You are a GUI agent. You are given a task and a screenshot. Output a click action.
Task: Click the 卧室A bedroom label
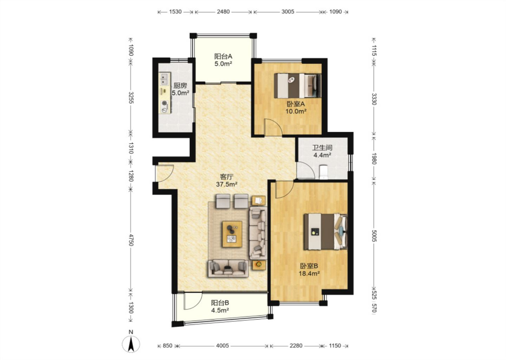(x=296, y=104)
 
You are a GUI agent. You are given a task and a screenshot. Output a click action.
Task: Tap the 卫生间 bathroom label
(x=322, y=148)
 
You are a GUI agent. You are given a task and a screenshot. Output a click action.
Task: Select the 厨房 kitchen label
(x=180, y=86)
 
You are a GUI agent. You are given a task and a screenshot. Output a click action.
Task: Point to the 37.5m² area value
(x=227, y=185)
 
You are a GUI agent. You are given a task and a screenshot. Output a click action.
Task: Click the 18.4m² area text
(x=309, y=274)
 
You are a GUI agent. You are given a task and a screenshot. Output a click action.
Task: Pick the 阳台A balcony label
(x=223, y=56)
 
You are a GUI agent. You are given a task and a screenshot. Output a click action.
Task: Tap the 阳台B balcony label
(x=220, y=303)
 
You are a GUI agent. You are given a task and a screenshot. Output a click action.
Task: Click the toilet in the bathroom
(x=323, y=172)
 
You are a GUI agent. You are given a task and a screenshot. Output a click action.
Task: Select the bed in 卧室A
(x=298, y=86)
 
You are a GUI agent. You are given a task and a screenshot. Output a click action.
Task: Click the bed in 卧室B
(x=325, y=232)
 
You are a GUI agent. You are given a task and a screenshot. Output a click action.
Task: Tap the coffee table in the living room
(x=232, y=234)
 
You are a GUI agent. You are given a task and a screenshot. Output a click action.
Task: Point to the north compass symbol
(x=131, y=344)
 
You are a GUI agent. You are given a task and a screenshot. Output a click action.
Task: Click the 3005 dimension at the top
(x=288, y=12)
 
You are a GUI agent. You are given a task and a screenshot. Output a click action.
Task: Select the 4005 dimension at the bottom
(x=222, y=346)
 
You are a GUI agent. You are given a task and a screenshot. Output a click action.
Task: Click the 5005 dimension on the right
(x=374, y=236)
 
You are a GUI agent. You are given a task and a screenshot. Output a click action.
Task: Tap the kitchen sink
(x=165, y=79)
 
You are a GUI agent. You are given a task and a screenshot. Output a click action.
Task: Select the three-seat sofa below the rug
(x=228, y=269)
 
